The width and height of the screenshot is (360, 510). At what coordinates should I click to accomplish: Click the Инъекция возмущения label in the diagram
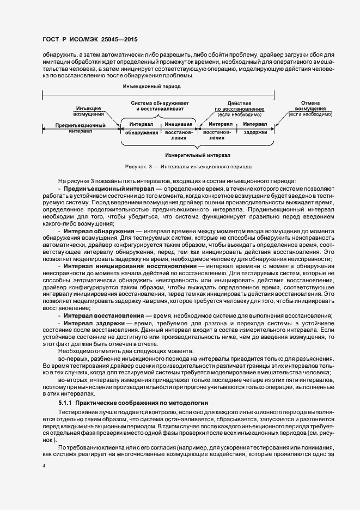click(89, 111)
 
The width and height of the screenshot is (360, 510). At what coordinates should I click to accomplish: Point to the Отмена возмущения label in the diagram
click(310, 107)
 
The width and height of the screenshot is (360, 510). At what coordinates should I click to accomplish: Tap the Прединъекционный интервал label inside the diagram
click(81, 128)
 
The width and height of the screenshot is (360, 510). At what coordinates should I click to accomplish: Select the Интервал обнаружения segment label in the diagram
click(141, 128)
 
